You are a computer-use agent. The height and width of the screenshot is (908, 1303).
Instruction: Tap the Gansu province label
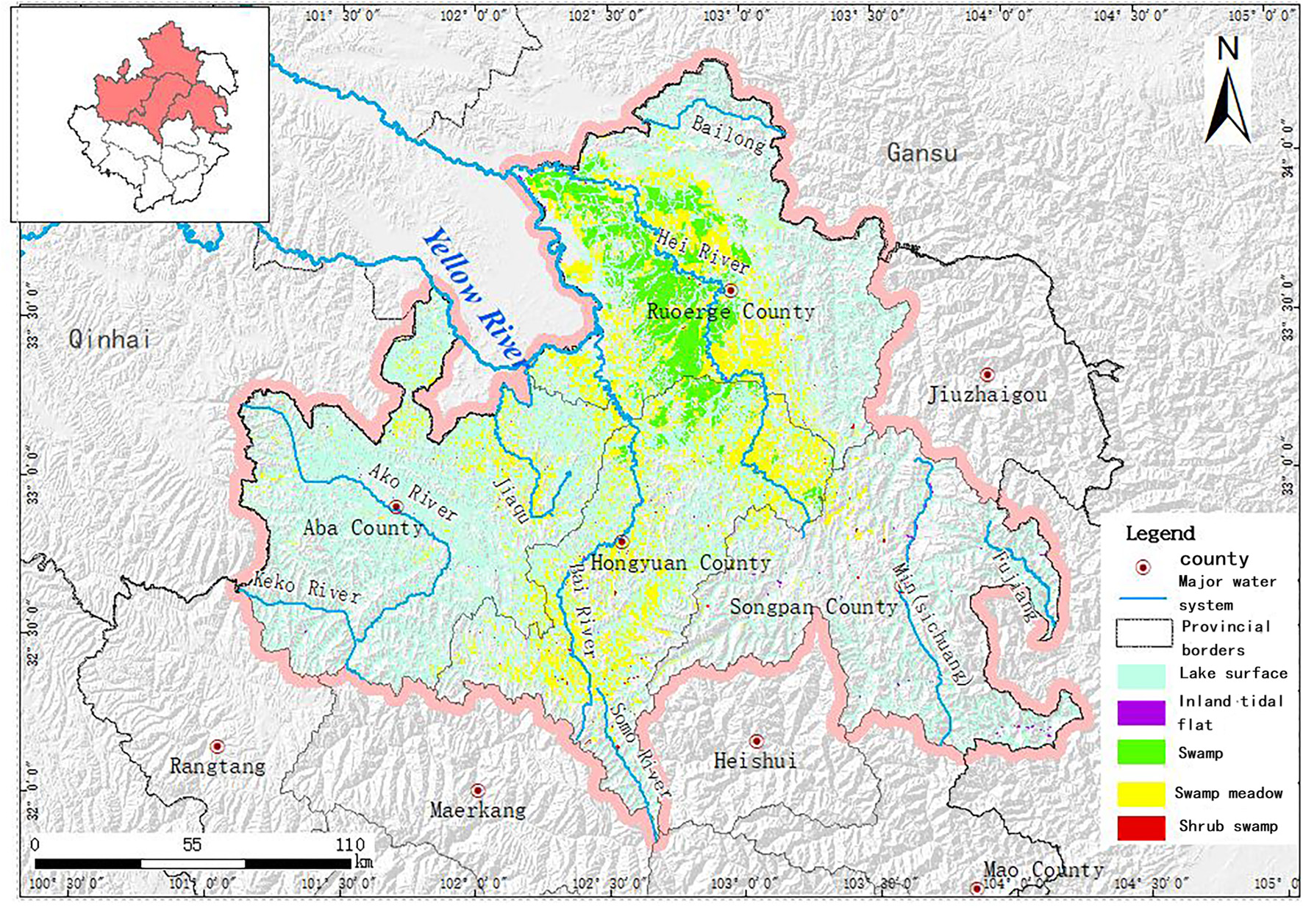tap(921, 153)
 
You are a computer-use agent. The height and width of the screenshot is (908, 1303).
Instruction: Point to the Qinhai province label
tap(110, 339)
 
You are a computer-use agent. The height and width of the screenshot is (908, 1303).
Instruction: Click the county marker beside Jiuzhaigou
tap(987, 375)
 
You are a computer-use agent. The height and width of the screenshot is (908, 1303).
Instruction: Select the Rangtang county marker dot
tap(217, 746)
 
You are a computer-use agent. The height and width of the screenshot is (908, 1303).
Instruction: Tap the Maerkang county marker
tap(477, 790)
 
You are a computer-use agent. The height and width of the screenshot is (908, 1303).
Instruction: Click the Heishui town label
tap(755, 761)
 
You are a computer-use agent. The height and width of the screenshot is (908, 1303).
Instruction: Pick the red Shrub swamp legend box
tap(1140, 827)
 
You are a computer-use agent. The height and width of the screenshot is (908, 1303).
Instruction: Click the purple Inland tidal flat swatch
tap(1140, 712)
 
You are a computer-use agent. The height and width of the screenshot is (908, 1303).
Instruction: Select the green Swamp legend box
tap(1140, 752)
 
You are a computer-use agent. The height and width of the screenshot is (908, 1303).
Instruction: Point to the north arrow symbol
tap(1227, 103)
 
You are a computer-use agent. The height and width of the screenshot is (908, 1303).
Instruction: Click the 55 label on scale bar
tap(192, 844)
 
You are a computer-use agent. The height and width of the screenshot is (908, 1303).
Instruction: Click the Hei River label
tap(702, 251)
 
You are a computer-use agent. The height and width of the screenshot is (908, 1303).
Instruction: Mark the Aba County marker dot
tap(396, 507)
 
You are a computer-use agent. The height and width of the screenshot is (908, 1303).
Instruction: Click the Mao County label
tap(1043, 871)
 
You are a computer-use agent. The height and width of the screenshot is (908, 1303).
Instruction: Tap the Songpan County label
tap(813, 607)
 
